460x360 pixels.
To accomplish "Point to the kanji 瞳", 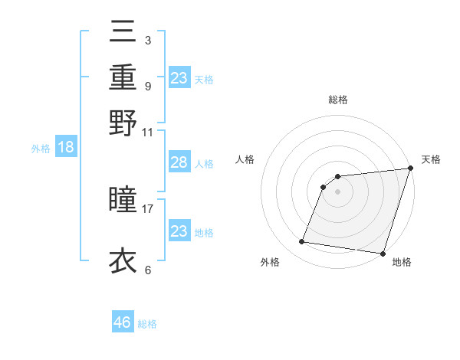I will [123, 201].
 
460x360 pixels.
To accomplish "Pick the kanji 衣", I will [123, 260].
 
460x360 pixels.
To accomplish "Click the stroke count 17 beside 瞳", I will [147, 208].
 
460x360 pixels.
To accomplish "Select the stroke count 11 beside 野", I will [147, 131].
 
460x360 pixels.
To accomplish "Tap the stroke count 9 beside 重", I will [147, 85].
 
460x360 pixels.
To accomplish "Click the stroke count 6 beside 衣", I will [147, 270].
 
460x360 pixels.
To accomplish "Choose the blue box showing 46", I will [123, 322].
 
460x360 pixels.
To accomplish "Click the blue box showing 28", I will [179, 162].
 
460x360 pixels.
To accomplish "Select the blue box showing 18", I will [66, 148].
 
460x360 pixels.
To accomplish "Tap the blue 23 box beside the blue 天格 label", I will [179, 77].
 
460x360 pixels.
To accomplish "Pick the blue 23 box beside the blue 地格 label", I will [179, 231].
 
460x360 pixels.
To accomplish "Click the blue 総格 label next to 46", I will [147, 324].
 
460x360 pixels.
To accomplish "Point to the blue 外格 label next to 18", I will [41, 149].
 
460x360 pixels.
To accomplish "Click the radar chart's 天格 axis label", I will [431, 159].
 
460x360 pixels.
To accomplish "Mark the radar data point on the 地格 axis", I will [382, 253].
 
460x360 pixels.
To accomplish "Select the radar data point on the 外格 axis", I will [302, 242].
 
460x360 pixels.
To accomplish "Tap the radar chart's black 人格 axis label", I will [245, 159].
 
